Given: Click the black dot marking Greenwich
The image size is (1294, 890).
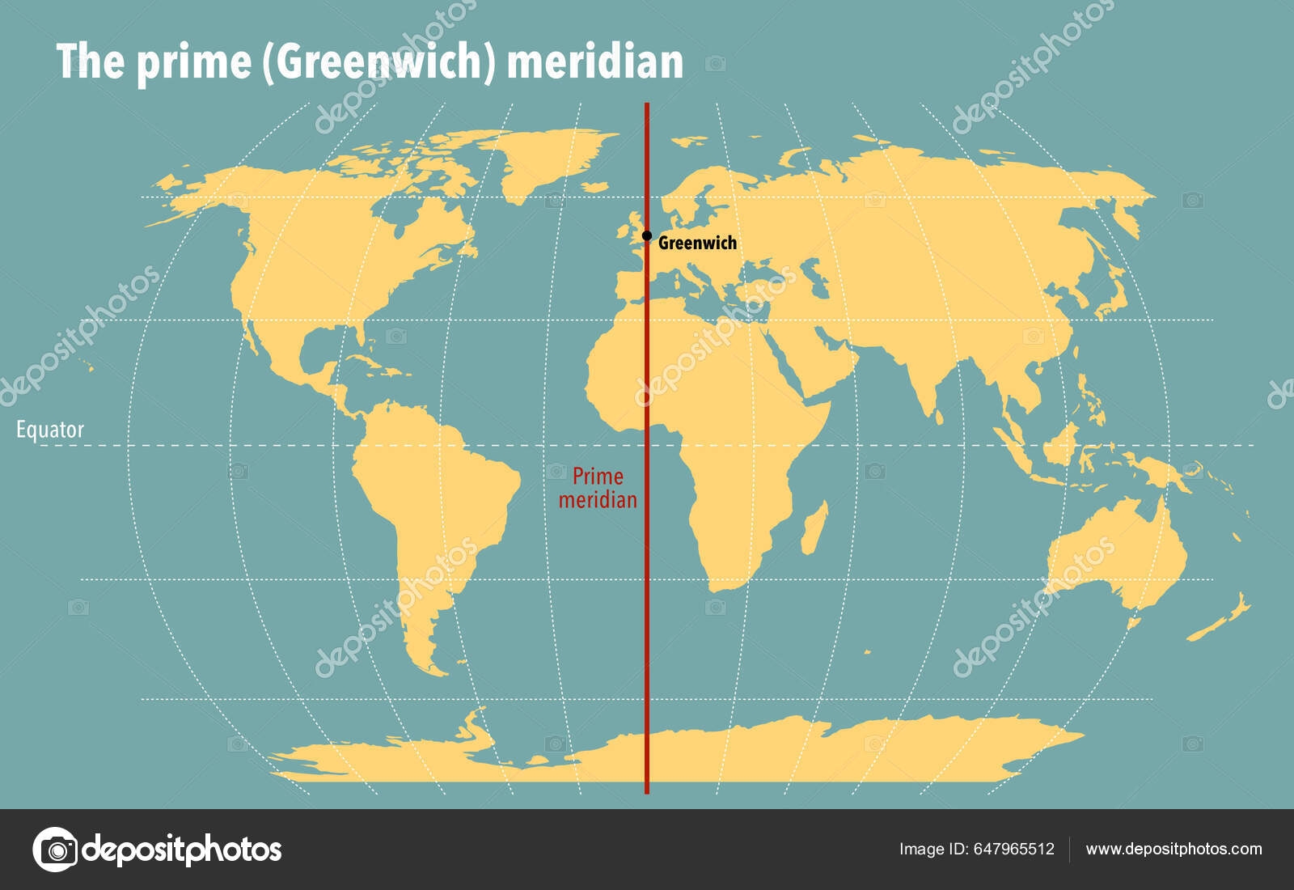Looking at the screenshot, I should coord(647,236).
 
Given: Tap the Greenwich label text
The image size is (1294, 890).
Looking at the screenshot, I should coord(697,243).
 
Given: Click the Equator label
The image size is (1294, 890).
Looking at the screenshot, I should coord(50,430).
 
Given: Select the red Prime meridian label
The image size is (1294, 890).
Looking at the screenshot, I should coord(598,488).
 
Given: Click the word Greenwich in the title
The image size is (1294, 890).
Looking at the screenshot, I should coord(379,61).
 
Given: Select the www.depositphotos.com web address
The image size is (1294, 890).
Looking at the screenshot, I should coord(1173,849).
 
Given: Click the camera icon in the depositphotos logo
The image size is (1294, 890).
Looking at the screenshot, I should coord(55,850).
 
